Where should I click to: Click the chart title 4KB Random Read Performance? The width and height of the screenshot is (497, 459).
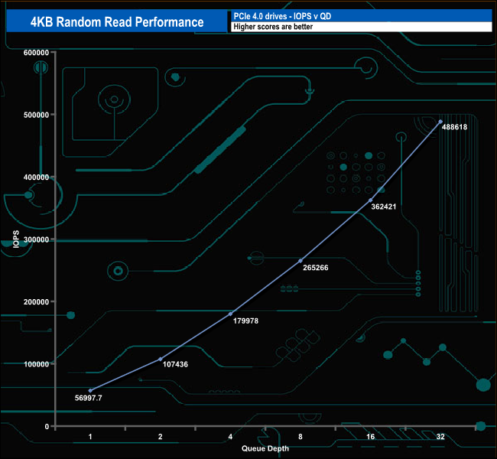pos(117,21)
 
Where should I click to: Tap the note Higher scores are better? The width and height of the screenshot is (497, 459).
pos(272,27)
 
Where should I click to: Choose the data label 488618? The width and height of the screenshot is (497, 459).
pos(453,127)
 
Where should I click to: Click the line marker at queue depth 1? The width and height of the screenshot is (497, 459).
pos(90,391)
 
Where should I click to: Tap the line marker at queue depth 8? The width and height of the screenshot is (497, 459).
pos(300,261)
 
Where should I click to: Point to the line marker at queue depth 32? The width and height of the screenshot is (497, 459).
pos(440,122)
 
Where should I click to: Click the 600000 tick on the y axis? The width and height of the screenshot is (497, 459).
pos(37,52)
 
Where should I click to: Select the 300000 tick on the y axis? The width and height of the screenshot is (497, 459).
pos(37,239)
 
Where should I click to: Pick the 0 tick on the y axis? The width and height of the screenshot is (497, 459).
pos(47,426)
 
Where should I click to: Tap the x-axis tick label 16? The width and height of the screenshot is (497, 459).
pos(370,437)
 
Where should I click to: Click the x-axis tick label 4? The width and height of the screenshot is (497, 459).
pos(230,437)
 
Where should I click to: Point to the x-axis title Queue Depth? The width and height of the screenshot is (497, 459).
pos(265,448)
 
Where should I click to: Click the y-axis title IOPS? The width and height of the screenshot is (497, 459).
pos(15,239)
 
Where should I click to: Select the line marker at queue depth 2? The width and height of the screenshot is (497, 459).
pos(161,359)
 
